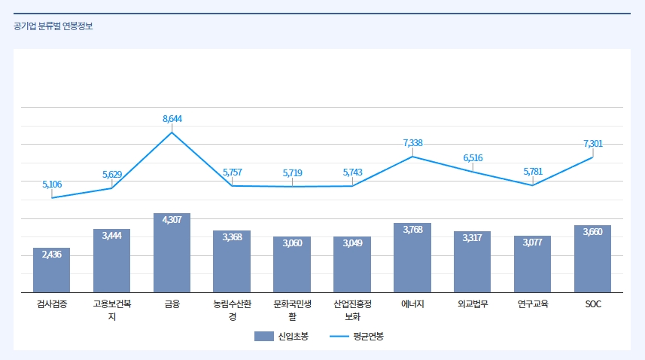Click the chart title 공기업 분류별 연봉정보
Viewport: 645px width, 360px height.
pos(53,26)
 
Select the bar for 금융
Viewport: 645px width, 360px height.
pos(172,256)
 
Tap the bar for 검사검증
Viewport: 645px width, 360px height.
pos(51,273)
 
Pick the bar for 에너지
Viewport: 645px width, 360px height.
pos(412,260)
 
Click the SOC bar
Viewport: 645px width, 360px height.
pos(592,261)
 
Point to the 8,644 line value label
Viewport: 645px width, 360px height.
pos(172,119)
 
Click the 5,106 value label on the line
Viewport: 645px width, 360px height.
pos(52,184)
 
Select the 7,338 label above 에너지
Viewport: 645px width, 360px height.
pos(412,142)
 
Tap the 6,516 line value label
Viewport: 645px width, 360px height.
pos(473,157)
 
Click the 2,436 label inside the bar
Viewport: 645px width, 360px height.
pos(51,254)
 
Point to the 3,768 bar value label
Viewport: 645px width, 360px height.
pos(412,229)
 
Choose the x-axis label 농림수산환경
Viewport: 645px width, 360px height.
pos(232,310)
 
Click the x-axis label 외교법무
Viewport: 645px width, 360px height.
pos(473,304)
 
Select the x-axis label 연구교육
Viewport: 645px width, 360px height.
pos(532,304)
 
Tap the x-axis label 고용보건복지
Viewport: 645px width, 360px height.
pos(111,310)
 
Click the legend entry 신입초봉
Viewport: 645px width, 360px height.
pos(281,336)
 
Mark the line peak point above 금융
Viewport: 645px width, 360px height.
pos(172,133)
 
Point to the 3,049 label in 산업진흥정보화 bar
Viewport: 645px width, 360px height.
pos(352,243)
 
